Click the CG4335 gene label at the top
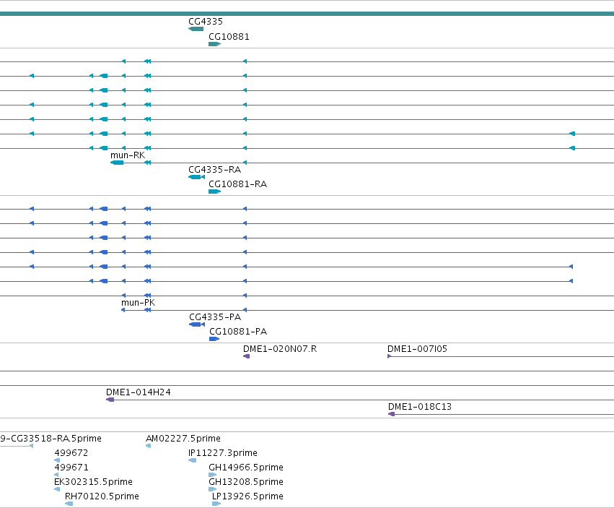click(206, 22)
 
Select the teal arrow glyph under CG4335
click(196, 29)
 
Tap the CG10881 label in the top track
click(229, 36)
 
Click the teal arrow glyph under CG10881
click(214, 44)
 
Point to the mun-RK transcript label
click(128, 155)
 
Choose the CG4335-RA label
click(214, 170)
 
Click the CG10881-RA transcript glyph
click(214, 191)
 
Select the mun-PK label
click(139, 303)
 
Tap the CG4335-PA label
click(215, 317)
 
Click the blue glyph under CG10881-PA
click(214, 339)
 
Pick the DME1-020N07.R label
click(280, 349)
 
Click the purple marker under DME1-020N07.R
click(246, 356)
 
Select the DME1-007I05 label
click(417, 349)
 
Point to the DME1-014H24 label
click(139, 392)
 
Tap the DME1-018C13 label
click(420, 407)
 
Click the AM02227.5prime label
click(183, 439)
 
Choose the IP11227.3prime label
click(223, 453)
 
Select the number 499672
click(71, 453)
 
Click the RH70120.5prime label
click(102, 496)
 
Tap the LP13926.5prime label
click(247, 496)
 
